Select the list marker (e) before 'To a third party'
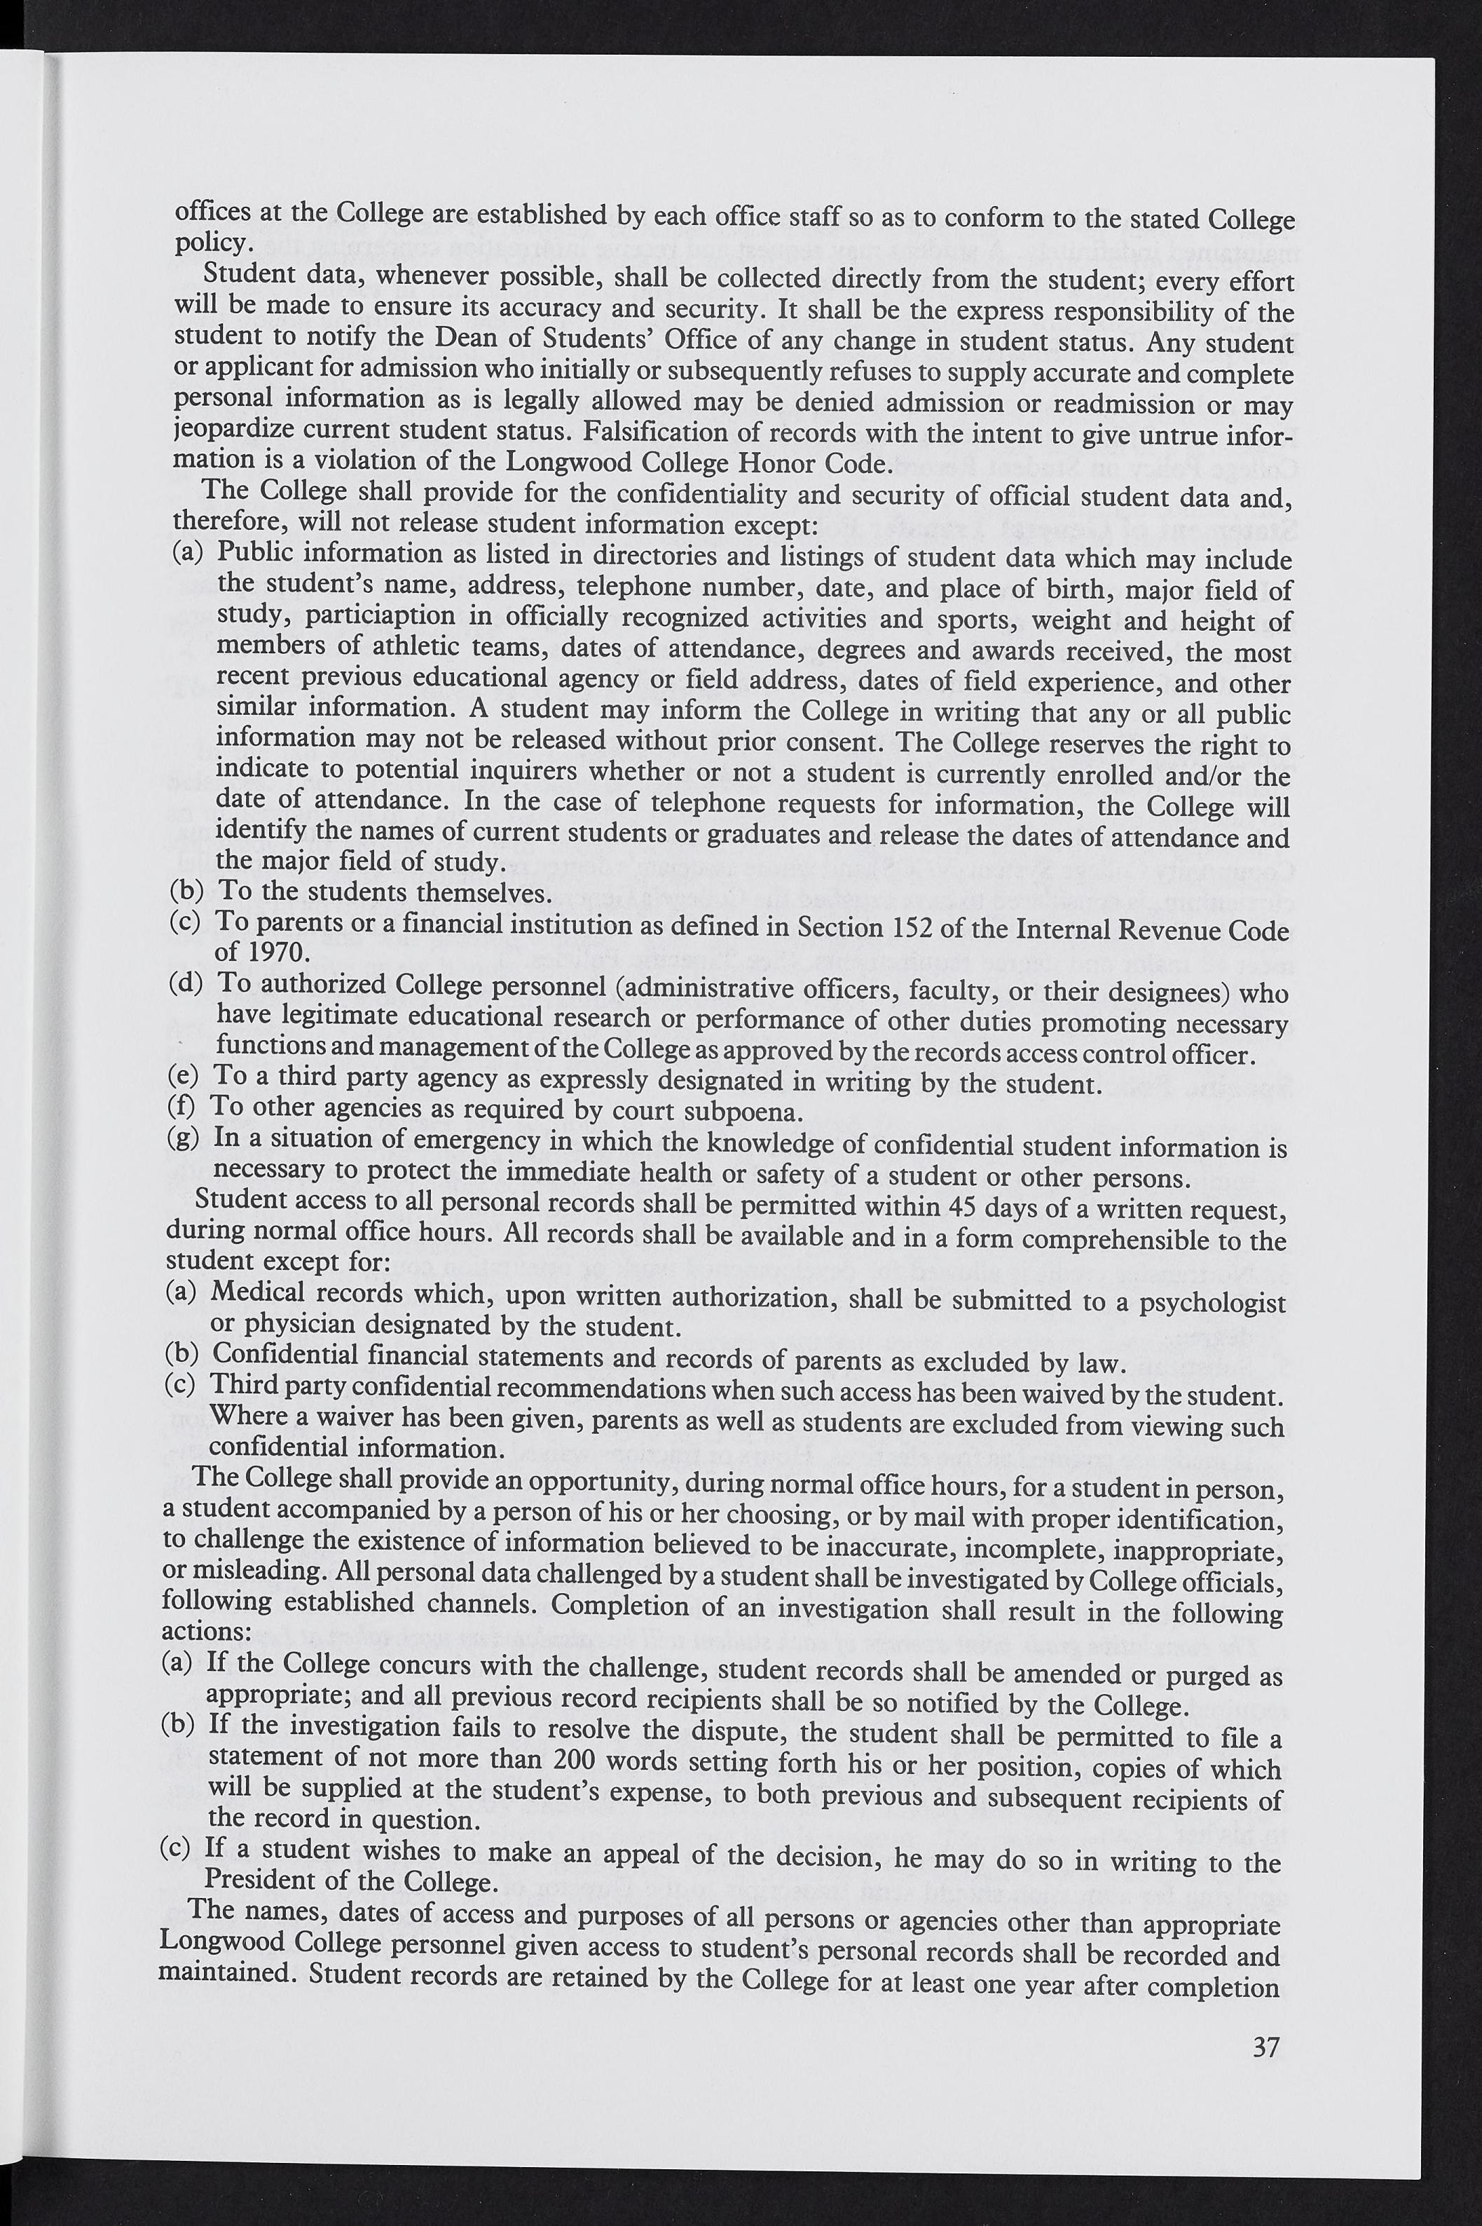click(x=182, y=1076)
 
